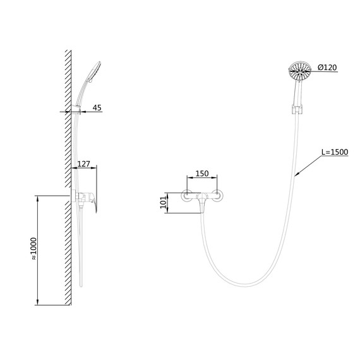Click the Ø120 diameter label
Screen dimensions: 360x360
327,68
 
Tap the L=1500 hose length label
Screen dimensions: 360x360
335,152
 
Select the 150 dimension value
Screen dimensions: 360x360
202,174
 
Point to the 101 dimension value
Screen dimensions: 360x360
163,202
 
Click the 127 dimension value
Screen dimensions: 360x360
83,164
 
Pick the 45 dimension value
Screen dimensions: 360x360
97,107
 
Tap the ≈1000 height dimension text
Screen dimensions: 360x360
33,248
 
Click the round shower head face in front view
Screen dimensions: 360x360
299,71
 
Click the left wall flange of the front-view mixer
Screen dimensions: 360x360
187,196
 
